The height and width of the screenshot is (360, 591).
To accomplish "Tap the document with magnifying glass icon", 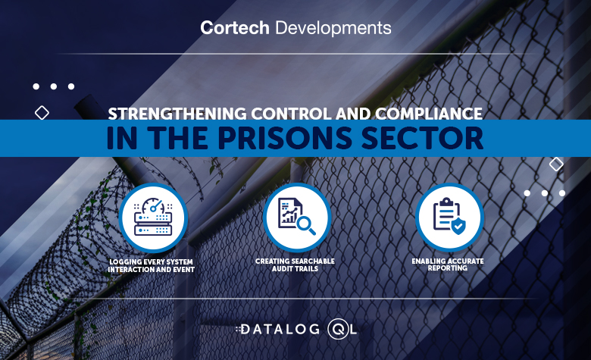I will click(x=296, y=216).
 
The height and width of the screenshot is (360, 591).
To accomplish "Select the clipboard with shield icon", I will click(x=449, y=216).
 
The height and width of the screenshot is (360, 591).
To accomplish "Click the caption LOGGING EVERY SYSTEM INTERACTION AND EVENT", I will click(x=152, y=265).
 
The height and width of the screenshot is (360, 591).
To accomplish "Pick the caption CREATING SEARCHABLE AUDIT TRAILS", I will click(x=295, y=265).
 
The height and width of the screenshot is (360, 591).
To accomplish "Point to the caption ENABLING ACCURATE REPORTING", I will click(x=449, y=265).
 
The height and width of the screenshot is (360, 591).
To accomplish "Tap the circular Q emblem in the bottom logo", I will click(x=337, y=330).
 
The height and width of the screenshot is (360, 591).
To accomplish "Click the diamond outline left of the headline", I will click(x=42, y=112).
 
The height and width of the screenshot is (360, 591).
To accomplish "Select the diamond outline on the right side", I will click(x=556, y=164).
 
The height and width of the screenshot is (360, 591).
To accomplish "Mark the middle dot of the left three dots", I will click(x=54, y=86).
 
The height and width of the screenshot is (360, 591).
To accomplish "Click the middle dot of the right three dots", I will click(x=545, y=193).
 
